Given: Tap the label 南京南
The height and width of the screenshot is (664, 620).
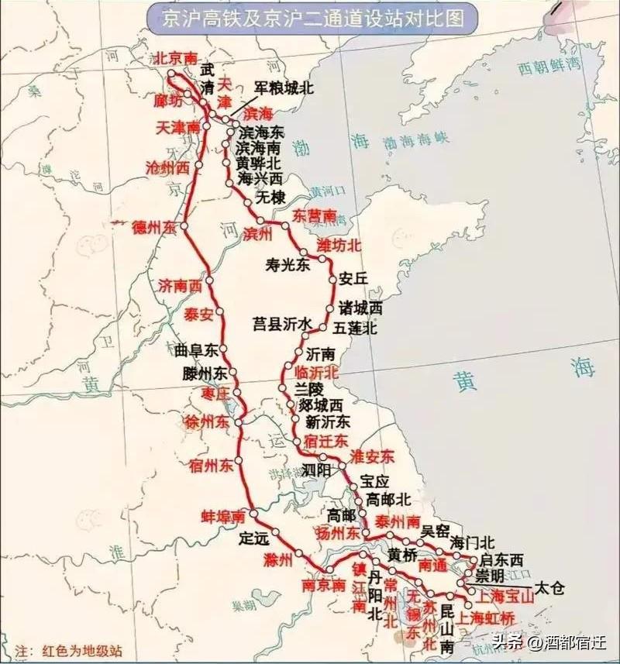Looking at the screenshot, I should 324,586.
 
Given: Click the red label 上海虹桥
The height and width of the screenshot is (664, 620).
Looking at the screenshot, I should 486,618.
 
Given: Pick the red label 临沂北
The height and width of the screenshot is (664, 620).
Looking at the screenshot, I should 317,372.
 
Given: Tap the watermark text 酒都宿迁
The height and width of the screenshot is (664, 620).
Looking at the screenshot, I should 577,642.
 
